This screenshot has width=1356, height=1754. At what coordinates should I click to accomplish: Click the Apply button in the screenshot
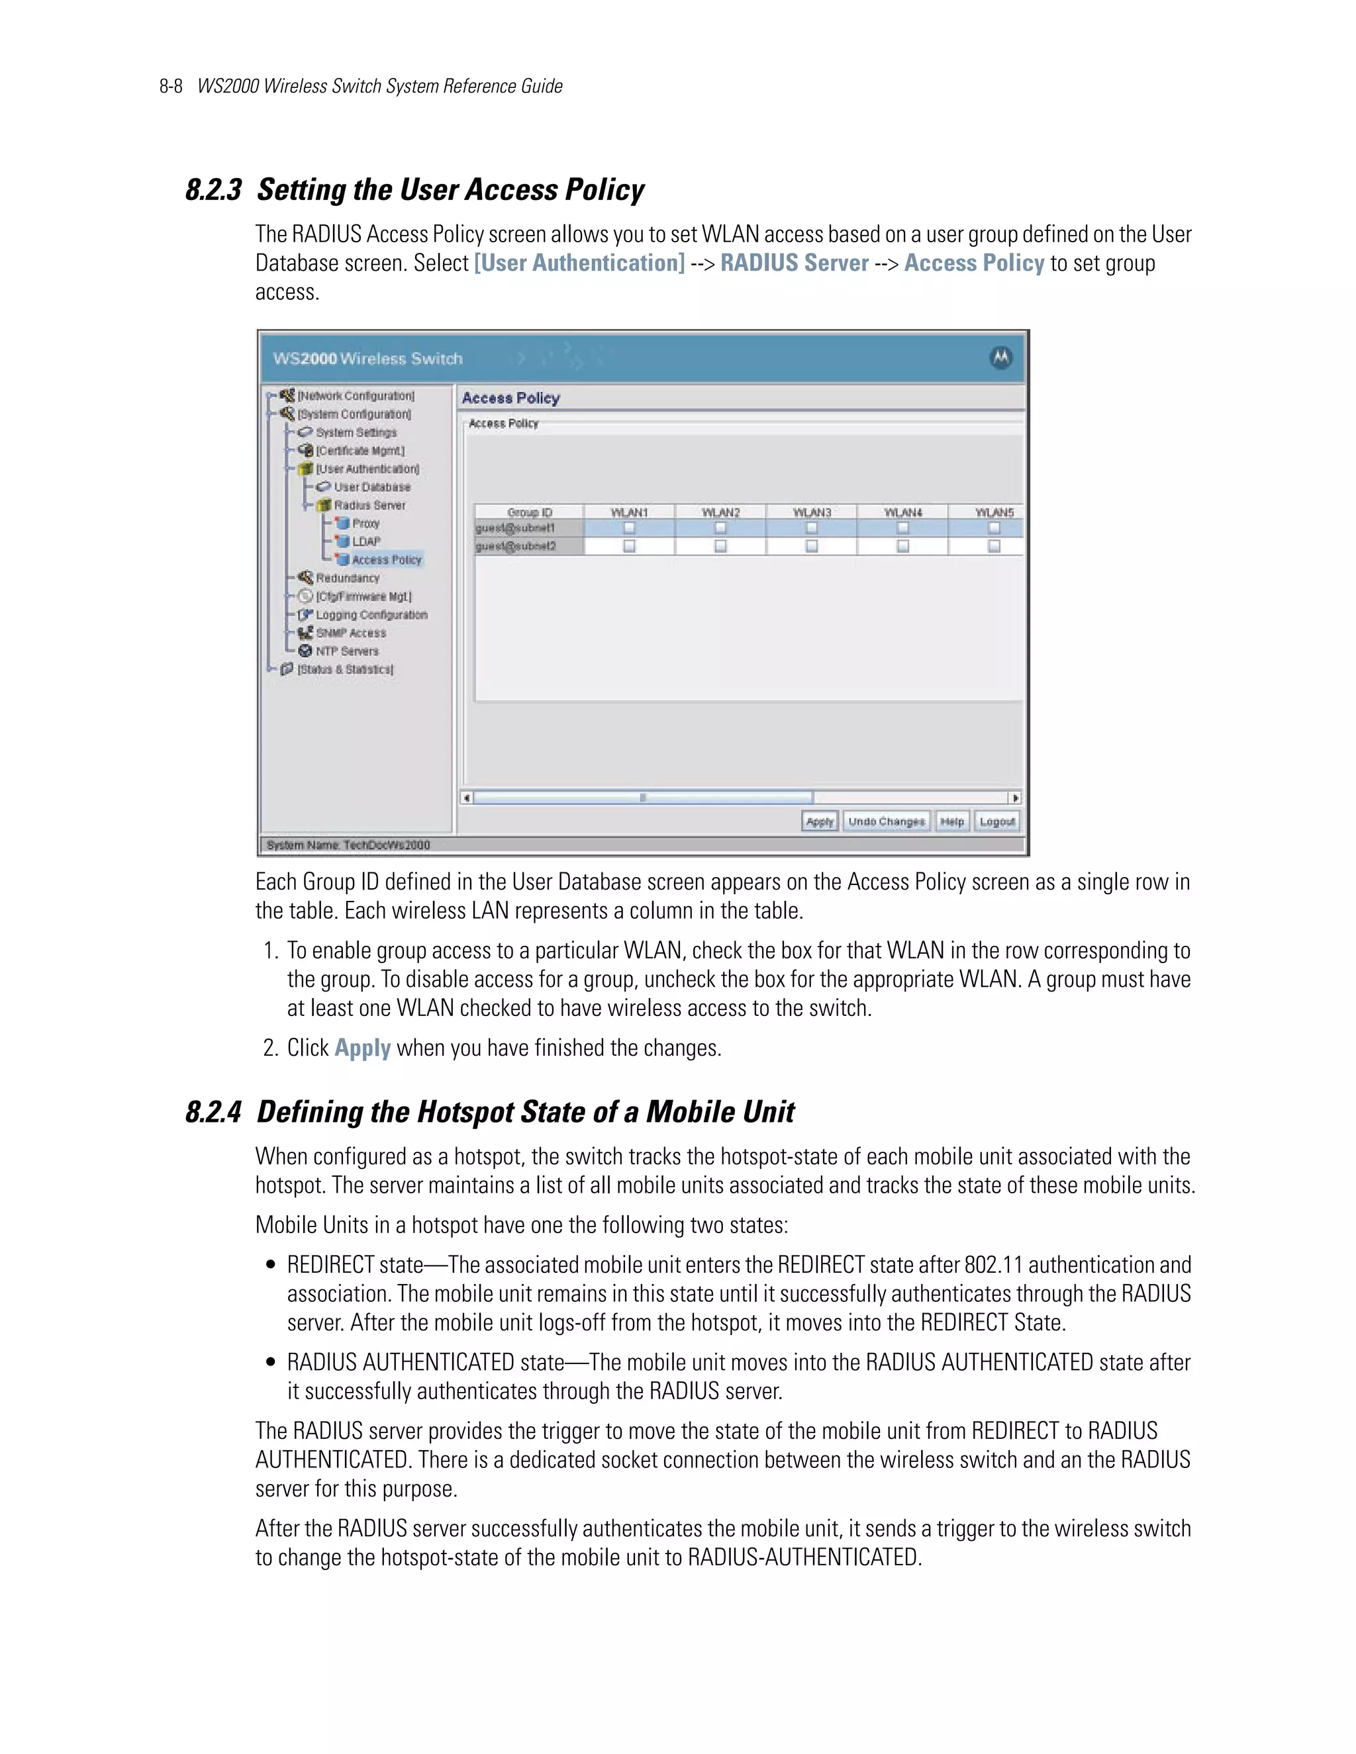coord(820,821)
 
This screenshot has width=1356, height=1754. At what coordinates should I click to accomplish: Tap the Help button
coord(952,821)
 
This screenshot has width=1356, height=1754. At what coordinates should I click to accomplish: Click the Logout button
coord(997,821)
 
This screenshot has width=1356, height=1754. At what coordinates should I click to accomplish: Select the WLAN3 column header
coord(811,512)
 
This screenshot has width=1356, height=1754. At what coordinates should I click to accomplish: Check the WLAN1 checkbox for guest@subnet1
coord(629,528)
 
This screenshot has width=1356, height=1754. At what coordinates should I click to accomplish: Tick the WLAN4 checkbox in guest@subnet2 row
coord(903,546)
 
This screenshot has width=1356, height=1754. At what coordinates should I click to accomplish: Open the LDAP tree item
coord(366,541)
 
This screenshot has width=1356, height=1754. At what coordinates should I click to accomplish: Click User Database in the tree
coord(372,486)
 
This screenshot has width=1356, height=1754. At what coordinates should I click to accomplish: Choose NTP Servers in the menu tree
coord(347,651)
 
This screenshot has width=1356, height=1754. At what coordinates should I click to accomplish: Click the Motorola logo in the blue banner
coord(1000,358)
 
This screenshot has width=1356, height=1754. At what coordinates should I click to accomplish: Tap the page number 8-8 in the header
coord(171,87)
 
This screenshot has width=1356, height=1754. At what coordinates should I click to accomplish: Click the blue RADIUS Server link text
coord(794,263)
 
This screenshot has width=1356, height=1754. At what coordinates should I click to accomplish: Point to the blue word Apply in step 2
coord(362,1048)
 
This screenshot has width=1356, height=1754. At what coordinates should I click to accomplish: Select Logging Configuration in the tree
coord(371,615)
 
